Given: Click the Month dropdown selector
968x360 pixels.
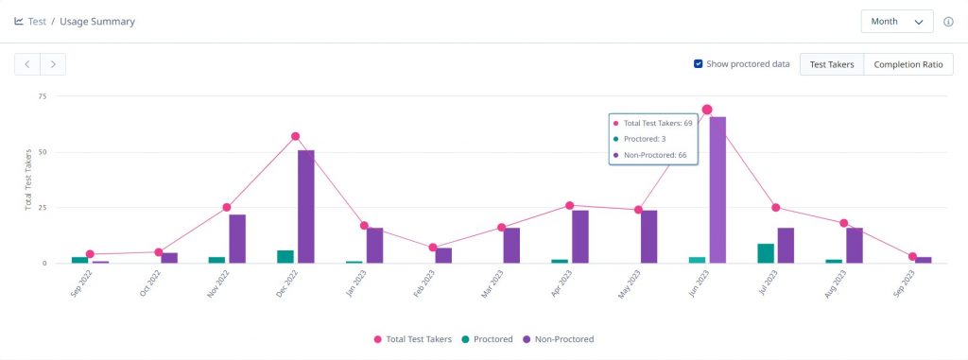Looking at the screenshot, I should (x=896, y=21).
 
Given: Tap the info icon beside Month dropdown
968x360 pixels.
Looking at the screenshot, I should (x=948, y=22).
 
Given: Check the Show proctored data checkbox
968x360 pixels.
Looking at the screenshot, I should (x=698, y=64).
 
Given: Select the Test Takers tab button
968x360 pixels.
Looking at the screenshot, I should (x=832, y=64).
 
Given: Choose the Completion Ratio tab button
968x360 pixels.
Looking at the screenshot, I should (x=907, y=64).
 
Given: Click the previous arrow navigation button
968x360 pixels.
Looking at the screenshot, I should (x=27, y=64).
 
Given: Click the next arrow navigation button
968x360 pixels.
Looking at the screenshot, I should (x=53, y=64).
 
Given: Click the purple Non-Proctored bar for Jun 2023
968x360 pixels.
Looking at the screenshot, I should (x=718, y=189).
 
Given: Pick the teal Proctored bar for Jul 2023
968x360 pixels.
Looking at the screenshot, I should (x=767, y=253).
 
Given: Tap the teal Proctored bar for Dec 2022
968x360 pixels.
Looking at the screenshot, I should (x=285, y=256).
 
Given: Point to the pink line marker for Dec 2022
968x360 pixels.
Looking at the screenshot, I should (x=295, y=136).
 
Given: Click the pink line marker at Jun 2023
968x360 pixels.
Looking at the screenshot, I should (x=707, y=110).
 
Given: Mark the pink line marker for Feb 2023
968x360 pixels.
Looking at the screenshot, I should (x=433, y=248).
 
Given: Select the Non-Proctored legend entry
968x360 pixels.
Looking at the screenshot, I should (x=558, y=339).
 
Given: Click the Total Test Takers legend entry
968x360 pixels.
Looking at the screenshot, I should (x=413, y=339).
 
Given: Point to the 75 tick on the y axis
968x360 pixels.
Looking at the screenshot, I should (x=42, y=96).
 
